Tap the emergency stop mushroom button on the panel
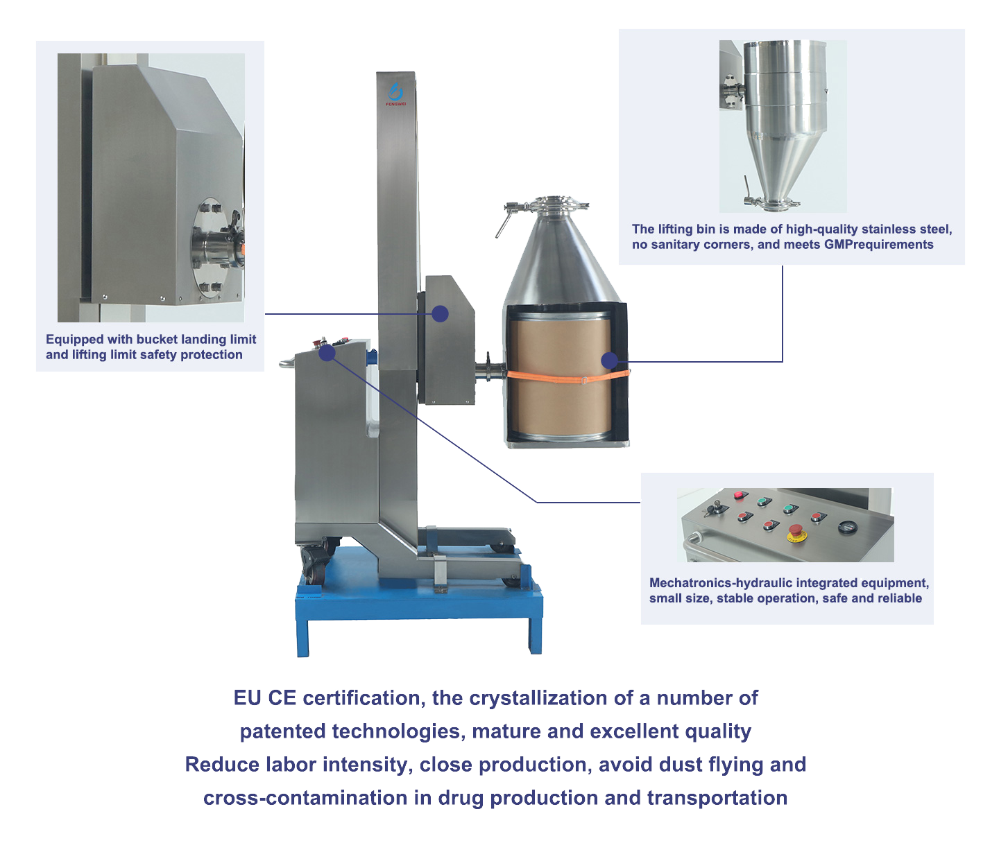796,532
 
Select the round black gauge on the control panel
847,527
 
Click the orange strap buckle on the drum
584,380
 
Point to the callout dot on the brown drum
610,360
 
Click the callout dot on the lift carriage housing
440,313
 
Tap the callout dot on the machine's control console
327,354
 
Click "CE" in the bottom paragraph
282,698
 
